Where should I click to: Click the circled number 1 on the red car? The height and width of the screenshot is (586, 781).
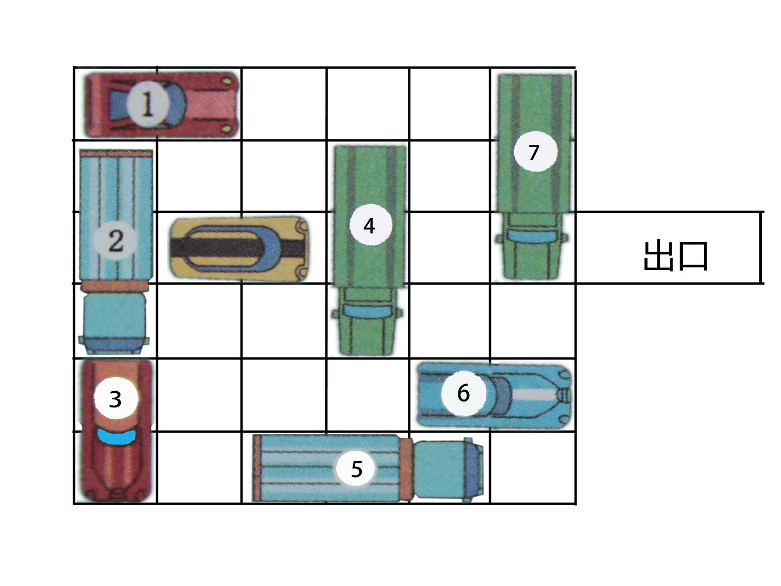coord(148,104)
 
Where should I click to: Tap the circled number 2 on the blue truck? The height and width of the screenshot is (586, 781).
coord(116,241)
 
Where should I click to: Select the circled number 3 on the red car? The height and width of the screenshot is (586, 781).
coord(116,398)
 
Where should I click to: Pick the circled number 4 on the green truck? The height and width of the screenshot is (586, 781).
coord(370,225)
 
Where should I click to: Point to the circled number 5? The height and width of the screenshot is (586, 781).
coord(355,469)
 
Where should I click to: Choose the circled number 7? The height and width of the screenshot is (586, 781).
coord(535,151)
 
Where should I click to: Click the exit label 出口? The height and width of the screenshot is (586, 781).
coord(675,256)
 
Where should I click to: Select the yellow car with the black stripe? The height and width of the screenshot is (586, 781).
coord(239,249)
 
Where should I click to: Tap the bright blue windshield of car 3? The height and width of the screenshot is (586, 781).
coord(117,437)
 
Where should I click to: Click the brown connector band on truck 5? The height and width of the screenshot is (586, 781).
coord(406,469)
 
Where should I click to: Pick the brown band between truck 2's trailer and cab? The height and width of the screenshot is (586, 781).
coord(114,285)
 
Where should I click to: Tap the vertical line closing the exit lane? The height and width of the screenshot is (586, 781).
coord(761,247)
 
